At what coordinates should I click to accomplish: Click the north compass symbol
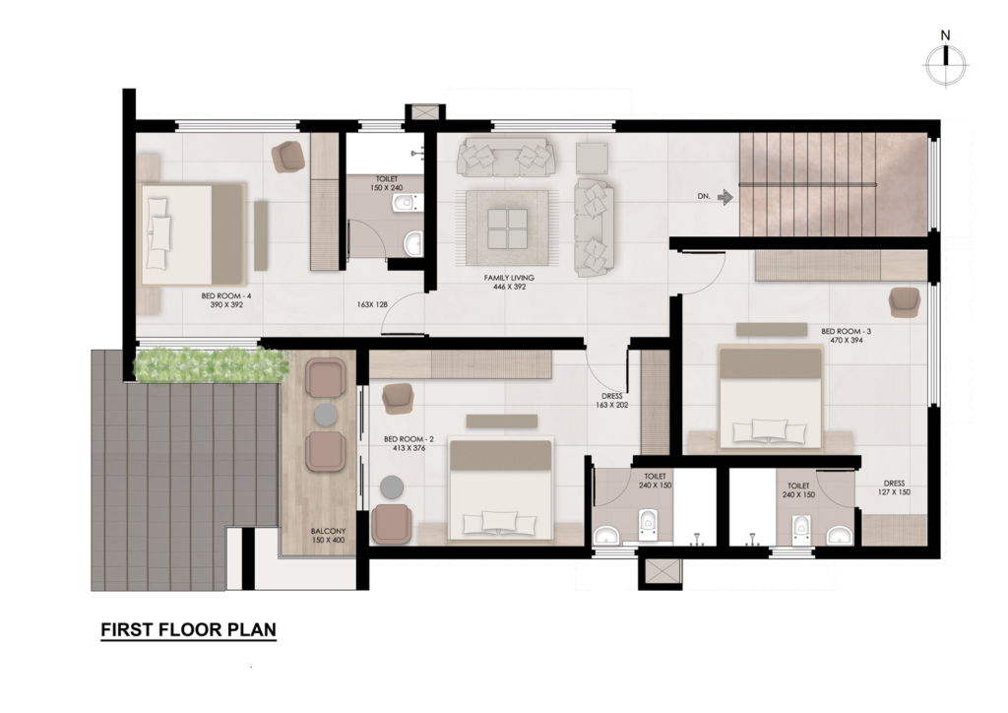pyautogui.click(x=946, y=64)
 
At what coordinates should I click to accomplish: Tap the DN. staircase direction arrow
pyautogui.click(x=725, y=197)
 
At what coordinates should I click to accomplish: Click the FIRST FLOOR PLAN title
pyautogui.click(x=188, y=630)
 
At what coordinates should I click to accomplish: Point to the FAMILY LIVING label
pyautogui.click(x=509, y=283)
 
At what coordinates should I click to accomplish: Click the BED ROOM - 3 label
pyautogui.click(x=846, y=336)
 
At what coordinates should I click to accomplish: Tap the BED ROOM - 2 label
pyautogui.click(x=409, y=443)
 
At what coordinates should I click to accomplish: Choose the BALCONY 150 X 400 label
pyautogui.click(x=329, y=536)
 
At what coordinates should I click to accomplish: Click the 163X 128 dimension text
pyautogui.click(x=372, y=304)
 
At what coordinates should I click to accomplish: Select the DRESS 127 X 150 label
pyautogui.click(x=894, y=488)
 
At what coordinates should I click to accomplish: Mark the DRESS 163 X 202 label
pyautogui.click(x=612, y=401)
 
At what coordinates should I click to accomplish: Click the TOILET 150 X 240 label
pyautogui.click(x=386, y=183)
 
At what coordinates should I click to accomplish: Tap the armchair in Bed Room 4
pyautogui.click(x=288, y=157)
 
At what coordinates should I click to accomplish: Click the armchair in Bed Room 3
pyautogui.click(x=906, y=301)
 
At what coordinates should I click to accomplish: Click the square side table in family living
pyautogui.click(x=592, y=158)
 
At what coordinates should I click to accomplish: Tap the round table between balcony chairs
pyautogui.click(x=327, y=415)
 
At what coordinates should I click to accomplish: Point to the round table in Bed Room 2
pyautogui.click(x=392, y=486)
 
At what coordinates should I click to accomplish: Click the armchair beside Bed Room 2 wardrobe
pyautogui.click(x=397, y=399)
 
